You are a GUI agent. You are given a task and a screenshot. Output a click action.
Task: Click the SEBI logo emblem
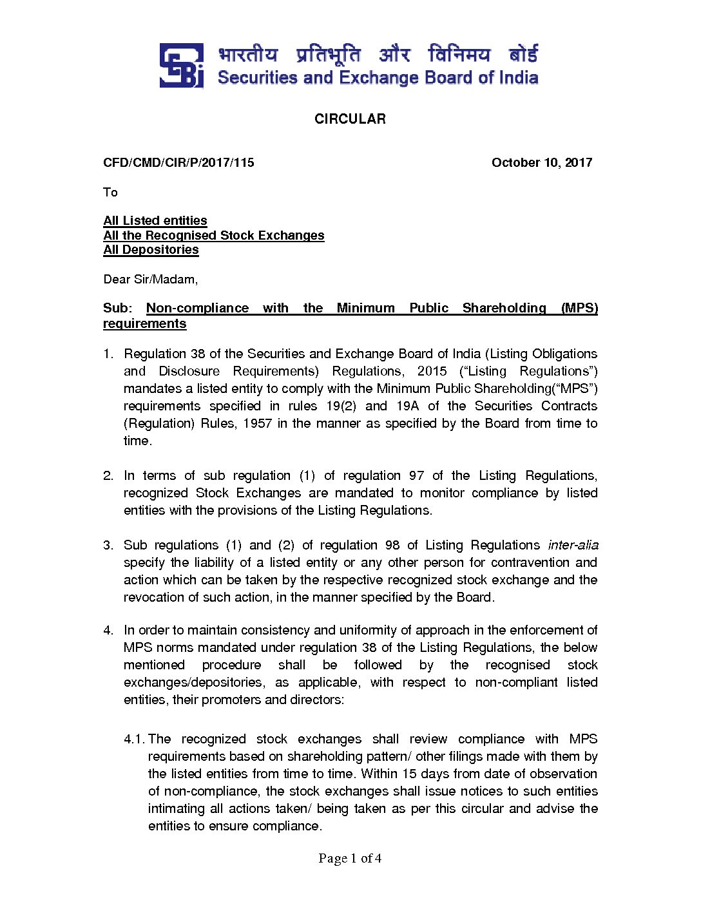pyautogui.click(x=181, y=65)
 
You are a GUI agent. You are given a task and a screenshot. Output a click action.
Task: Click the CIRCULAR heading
pyautogui.click(x=350, y=119)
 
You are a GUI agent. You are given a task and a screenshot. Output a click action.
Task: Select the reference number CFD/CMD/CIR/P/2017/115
pyautogui.click(x=178, y=162)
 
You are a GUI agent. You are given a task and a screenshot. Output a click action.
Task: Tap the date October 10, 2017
pyautogui.click(x=541, y=162)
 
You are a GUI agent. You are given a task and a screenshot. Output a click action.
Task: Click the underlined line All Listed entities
pyautogui.click(x=155, y=220)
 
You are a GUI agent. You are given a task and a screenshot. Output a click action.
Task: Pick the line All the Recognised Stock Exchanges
pyautogui.click(x=214, y=235)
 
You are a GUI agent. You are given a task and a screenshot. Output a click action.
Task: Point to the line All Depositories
pyautogui.click(x=151, y=249)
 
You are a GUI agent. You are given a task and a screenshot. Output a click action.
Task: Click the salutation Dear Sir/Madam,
pyautogui.click(x=150, y=279)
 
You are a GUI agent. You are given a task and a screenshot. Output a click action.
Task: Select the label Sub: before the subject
pyautogui.click(x=117, y=308)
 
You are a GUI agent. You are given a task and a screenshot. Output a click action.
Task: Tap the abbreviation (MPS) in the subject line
pyautogui.click(x=579, y=308)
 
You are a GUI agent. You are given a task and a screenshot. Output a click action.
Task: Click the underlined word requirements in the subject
pyautogui.click(x=144, y=323)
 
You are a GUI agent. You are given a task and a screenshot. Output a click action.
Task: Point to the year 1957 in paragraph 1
pyautogui.click(x=257, y=423)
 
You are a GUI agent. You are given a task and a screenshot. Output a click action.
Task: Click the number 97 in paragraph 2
pyautogui.click(x=416, y=475)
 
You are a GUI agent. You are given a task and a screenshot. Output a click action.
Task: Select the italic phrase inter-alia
pyautogui.click(x=573, y=545)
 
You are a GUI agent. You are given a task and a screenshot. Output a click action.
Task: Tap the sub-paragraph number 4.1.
pyautogui.click(x=134, y=739)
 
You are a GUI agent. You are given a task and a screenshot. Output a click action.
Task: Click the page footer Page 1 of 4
pyautogui.click(x=350, y=858)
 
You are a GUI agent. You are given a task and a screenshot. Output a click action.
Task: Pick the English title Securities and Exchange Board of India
pyautogui.click(x=378, y=78)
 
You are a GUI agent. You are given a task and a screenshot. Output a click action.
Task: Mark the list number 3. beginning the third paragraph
pyautogui.click(x=108, y=545)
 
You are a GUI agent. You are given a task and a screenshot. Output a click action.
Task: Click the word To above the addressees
pyautogui.click(x=110, y=192)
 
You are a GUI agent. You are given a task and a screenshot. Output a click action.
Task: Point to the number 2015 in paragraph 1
pyautogui.click(x=432, y=371)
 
